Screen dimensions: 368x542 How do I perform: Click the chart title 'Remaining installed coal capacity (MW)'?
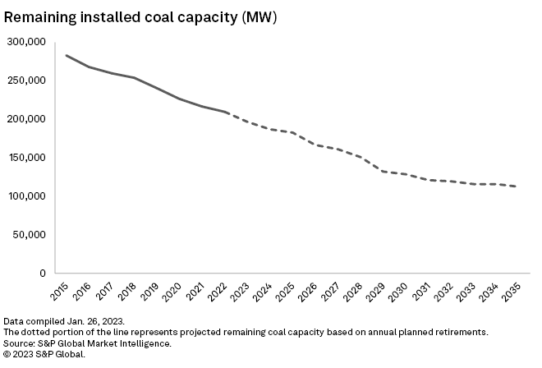[140, 17]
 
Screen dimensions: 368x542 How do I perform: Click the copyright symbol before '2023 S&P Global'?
[8, 353]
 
